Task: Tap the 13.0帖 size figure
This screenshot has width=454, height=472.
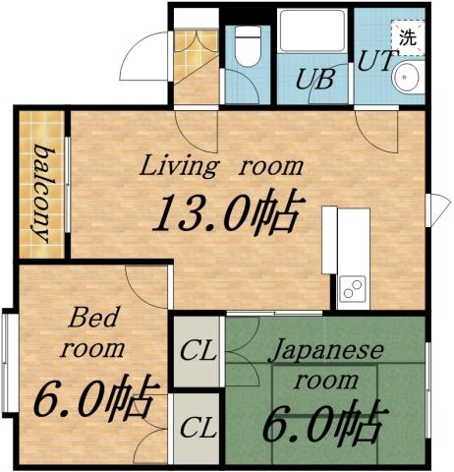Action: (224, 211)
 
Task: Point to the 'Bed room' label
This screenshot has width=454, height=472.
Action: (95, 332)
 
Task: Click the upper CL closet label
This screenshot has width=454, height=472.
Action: (198, 350)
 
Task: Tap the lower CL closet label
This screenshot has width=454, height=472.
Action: (198, 428)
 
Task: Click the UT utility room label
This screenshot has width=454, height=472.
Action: (376, 61)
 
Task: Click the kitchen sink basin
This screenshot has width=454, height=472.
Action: (352, 289)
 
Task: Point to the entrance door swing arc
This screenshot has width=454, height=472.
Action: (142, 59)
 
